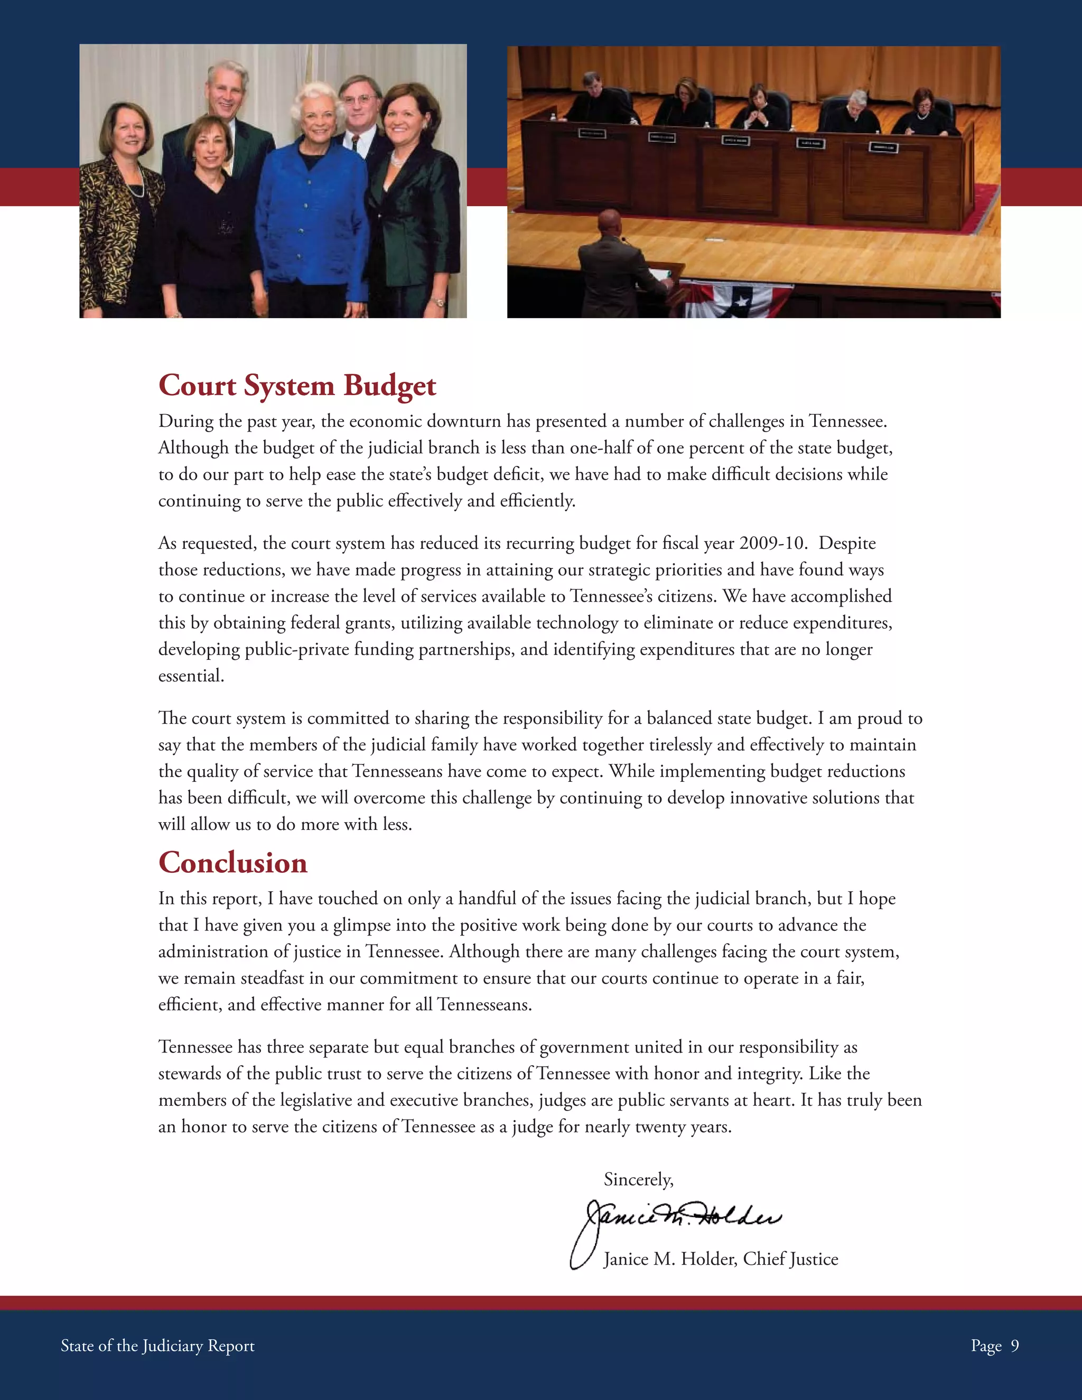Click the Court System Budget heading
point(297,385)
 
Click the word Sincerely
point(638,1180)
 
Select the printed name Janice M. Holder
point(671,1259)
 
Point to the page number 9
point(1015,1345)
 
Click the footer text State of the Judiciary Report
point(157,1345)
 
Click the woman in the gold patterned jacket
point(122,205)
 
